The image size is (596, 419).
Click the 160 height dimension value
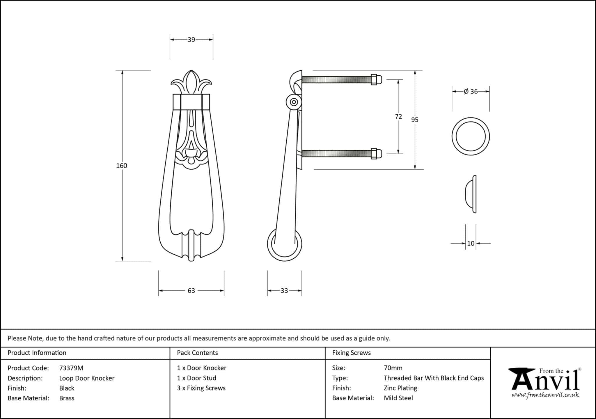[x=122, y=166]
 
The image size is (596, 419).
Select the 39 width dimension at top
[x=191, y=40]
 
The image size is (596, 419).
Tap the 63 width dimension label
[x=191, y=290]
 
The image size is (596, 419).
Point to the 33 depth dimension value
[x=284, y=290]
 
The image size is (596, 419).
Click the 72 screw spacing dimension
[x=398, y=116]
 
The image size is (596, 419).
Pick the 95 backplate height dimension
[x=415, y=120]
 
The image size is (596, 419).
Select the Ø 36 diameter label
[x=471, y=91]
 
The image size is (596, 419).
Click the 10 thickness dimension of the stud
[x=471, y=243]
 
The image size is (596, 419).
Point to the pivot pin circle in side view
[x=294, y=102]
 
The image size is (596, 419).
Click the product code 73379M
[x=71, y=368]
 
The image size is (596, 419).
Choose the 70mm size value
[x=393, y=368]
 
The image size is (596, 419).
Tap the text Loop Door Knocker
[x=87, y=378]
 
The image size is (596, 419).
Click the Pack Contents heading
[x=197, y=353]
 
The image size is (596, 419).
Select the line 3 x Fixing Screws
[x=201, y=388]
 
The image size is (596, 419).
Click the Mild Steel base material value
[x=398, y=398]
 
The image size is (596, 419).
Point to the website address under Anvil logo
[x=545, y=395]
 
